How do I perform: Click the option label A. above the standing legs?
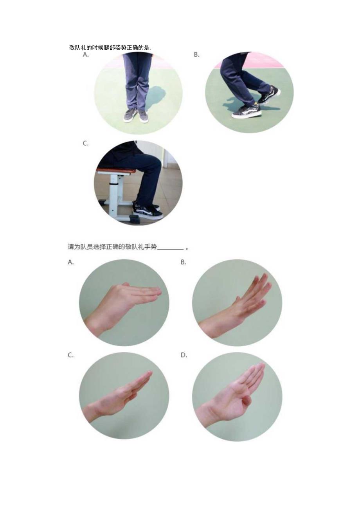tap(86, 55)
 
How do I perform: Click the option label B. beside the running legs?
tap(196, 55)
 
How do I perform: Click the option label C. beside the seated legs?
tap(85, 144)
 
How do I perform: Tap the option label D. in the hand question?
tap(184, 355)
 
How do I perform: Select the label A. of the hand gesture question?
tap(71, 262)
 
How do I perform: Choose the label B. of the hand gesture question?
tap(183, 262)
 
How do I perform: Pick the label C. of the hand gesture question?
tap(71, 355)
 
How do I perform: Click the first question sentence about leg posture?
tap(110, 48)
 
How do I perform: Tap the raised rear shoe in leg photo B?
tap(269, 94)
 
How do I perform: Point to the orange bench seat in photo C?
tap(116, 171)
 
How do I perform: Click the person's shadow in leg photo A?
tap(155, 96)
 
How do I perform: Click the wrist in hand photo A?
tap(96, 321)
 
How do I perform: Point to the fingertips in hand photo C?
tap(148, 374)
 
